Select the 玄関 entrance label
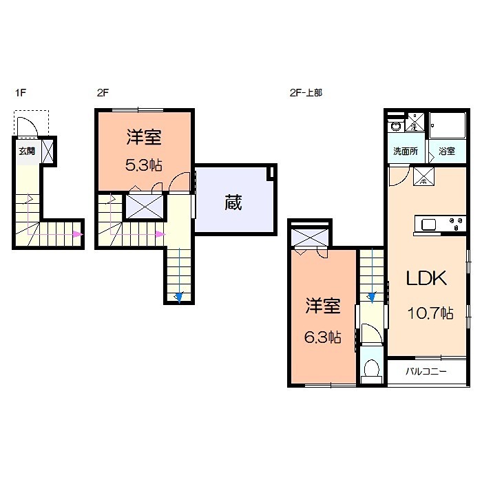point(26,151)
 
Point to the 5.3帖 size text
point(144,165)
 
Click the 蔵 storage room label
point(233,203)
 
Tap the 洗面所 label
point(405,151)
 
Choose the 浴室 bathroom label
point(446,151)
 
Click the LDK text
point(426,278)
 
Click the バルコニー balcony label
point(426,372)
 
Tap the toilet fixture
point(372,370)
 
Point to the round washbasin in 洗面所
point(395,127)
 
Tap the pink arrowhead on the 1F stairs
point(77,235)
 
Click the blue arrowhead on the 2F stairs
point(178,297)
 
